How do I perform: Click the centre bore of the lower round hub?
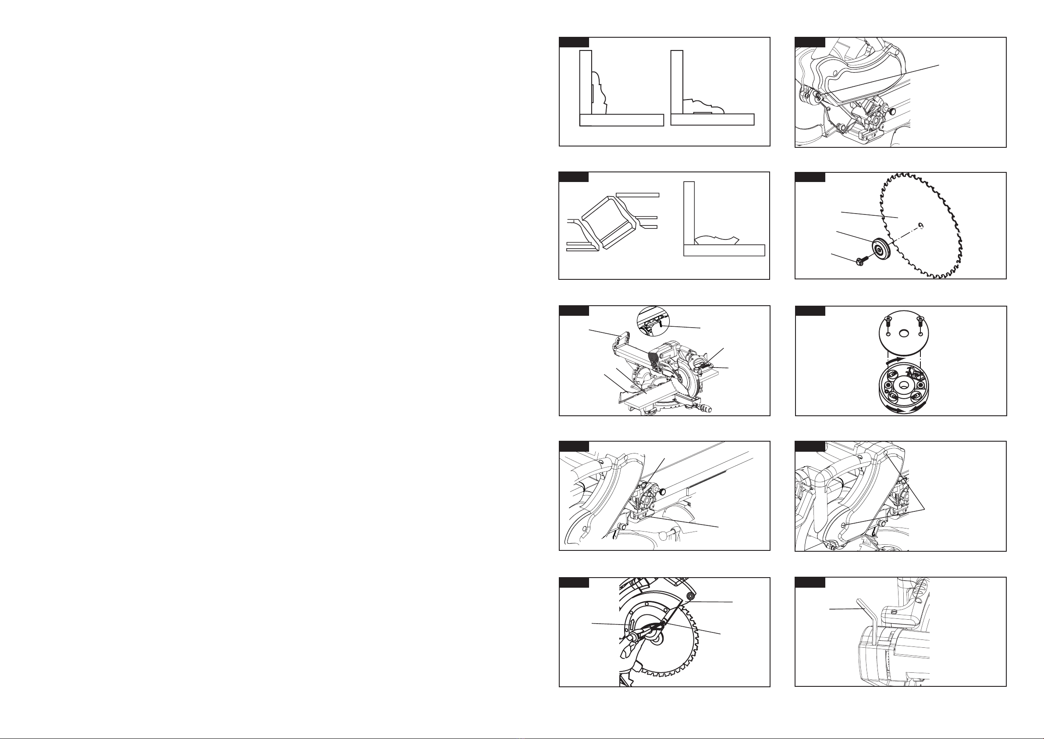tap(903, 385)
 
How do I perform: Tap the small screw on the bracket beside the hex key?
tap(894, 613)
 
